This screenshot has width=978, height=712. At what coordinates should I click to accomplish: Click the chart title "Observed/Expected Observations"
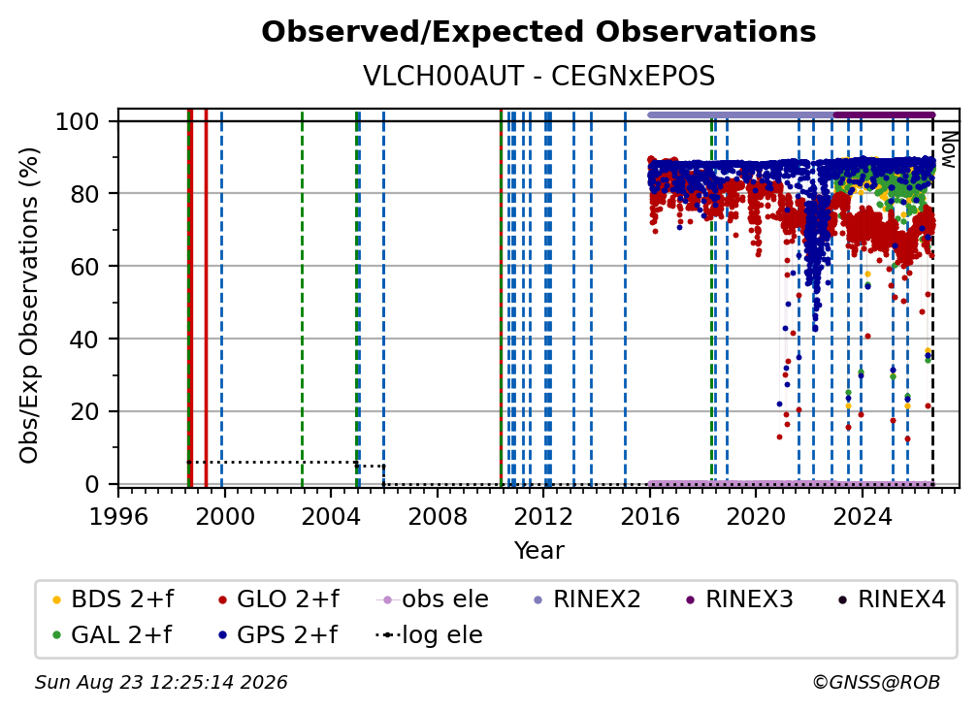pos(538,32)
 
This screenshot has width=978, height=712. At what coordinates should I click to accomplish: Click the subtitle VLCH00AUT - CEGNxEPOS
pos(538,77)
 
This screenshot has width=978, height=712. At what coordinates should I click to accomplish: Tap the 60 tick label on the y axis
pos(84,266)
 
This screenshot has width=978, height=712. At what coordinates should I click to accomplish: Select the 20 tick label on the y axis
pos(84,411)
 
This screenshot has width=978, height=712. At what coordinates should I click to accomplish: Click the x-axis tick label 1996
pos(118,516)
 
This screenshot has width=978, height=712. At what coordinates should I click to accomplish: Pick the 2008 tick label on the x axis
pos(438,516)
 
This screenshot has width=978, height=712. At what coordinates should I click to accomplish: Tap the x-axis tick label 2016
pos(650,516)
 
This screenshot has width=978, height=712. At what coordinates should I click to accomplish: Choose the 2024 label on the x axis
pos(862,516)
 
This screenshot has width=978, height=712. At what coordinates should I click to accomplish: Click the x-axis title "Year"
pos(538,551)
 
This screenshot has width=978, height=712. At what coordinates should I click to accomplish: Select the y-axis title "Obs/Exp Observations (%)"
pos(29,305)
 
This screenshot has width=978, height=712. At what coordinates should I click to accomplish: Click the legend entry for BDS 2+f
pos(114,599)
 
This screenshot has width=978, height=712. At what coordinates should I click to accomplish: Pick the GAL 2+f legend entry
pos(113,635)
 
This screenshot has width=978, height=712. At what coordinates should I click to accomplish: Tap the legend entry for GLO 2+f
pos(278,599)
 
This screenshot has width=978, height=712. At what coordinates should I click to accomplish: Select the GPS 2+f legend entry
pos(278,635)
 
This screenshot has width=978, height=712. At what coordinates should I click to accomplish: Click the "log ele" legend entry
pos(429,635)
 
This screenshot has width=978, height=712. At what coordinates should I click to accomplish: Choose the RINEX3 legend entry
pos(739,599)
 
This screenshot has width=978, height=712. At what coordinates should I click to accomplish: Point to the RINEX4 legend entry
pos(892,599)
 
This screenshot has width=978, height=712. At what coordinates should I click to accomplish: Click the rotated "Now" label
pos(948,149)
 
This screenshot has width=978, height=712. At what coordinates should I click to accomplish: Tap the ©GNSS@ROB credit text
pos(876,682)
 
